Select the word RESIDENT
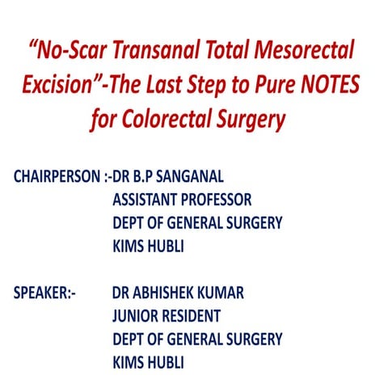click(191, 314)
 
